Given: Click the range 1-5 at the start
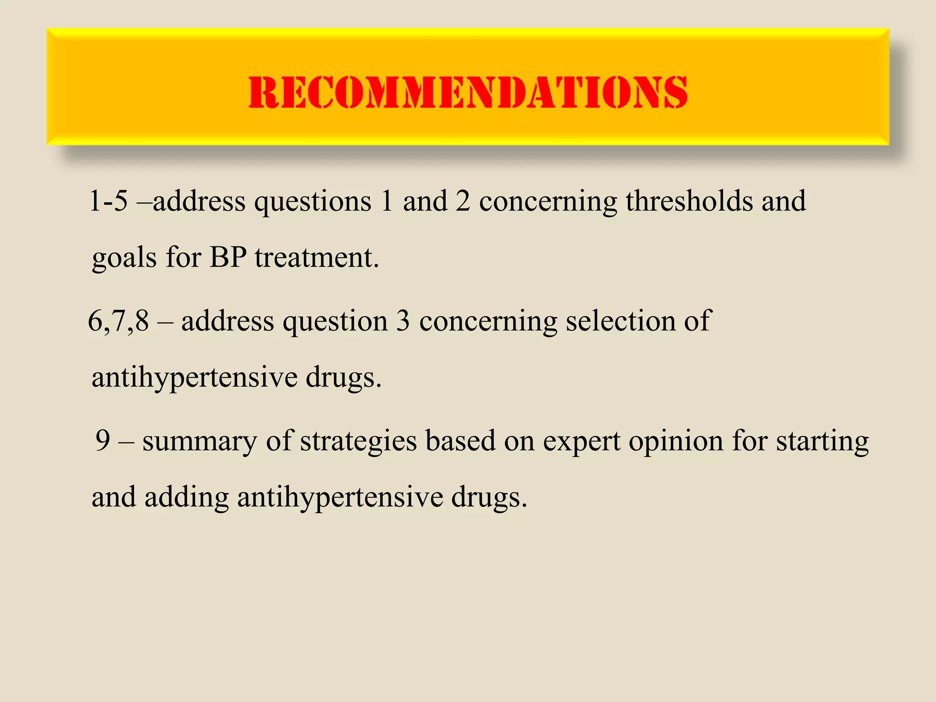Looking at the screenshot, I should click(x=108, y=201).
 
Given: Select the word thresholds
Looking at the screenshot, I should click(x=689, y=201).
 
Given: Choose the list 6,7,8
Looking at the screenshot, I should click(x=118, y=321).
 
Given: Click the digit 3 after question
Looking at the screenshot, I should click(x=403, y=321).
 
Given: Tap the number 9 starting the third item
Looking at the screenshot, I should click(x=103, y=441).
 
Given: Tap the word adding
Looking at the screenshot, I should click(x=186, y=497).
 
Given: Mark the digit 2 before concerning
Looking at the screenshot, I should click(x=463, y=201).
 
